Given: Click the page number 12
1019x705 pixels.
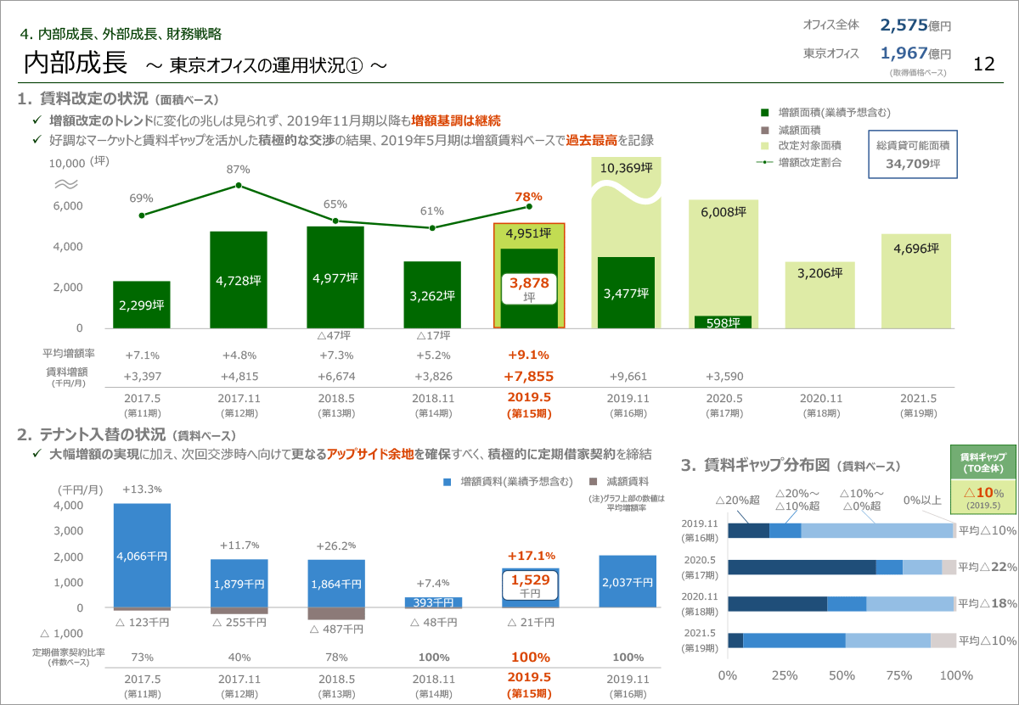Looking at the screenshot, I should [984, 64].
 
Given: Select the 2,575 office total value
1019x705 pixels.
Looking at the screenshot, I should [908, 25].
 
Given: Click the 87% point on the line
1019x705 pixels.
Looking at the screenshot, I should [239, 185].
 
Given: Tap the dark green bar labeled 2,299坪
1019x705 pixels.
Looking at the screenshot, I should [142, 305].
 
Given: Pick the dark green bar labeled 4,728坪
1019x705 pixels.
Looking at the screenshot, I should [239, 280].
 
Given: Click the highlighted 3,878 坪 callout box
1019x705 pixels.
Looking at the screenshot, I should [529, 288].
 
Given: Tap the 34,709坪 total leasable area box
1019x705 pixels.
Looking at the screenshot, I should [913, 154].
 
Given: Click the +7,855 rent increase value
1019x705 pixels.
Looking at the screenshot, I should [528, 376].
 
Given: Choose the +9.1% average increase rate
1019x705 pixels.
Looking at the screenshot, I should [528, 355].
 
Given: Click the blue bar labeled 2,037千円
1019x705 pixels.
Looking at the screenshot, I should [628, 581].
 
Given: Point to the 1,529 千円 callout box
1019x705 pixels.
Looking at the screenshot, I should [529, 587].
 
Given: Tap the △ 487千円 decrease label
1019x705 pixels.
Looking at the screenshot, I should [335, 629].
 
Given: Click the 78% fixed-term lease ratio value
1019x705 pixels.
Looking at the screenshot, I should [335, 657].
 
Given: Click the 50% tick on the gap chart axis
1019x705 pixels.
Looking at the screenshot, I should [842, 675].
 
